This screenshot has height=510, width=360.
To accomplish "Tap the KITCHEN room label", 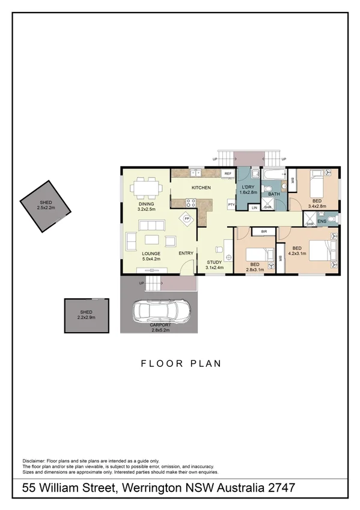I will click(x=201, y=188).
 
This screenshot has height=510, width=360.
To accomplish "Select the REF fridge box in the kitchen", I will click(x=227, y=173).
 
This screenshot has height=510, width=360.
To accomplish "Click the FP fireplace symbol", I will click(x=187, y=218).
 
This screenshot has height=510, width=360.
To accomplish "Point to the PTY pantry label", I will click(x=230, y=205).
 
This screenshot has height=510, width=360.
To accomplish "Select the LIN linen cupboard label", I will click(x=255, y=207).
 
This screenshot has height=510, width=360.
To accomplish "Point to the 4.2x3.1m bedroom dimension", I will click(x=297, y=254).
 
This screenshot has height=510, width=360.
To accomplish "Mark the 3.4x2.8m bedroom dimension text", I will click(x=316, y=206).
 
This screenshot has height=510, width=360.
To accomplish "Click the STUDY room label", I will click(x=215, y=262).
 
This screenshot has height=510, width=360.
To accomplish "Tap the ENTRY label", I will click(x=186, y=253).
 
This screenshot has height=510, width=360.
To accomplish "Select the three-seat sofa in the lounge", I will click(x=151, y=226).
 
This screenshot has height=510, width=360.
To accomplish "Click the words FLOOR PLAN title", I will click(x=181, y=363).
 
